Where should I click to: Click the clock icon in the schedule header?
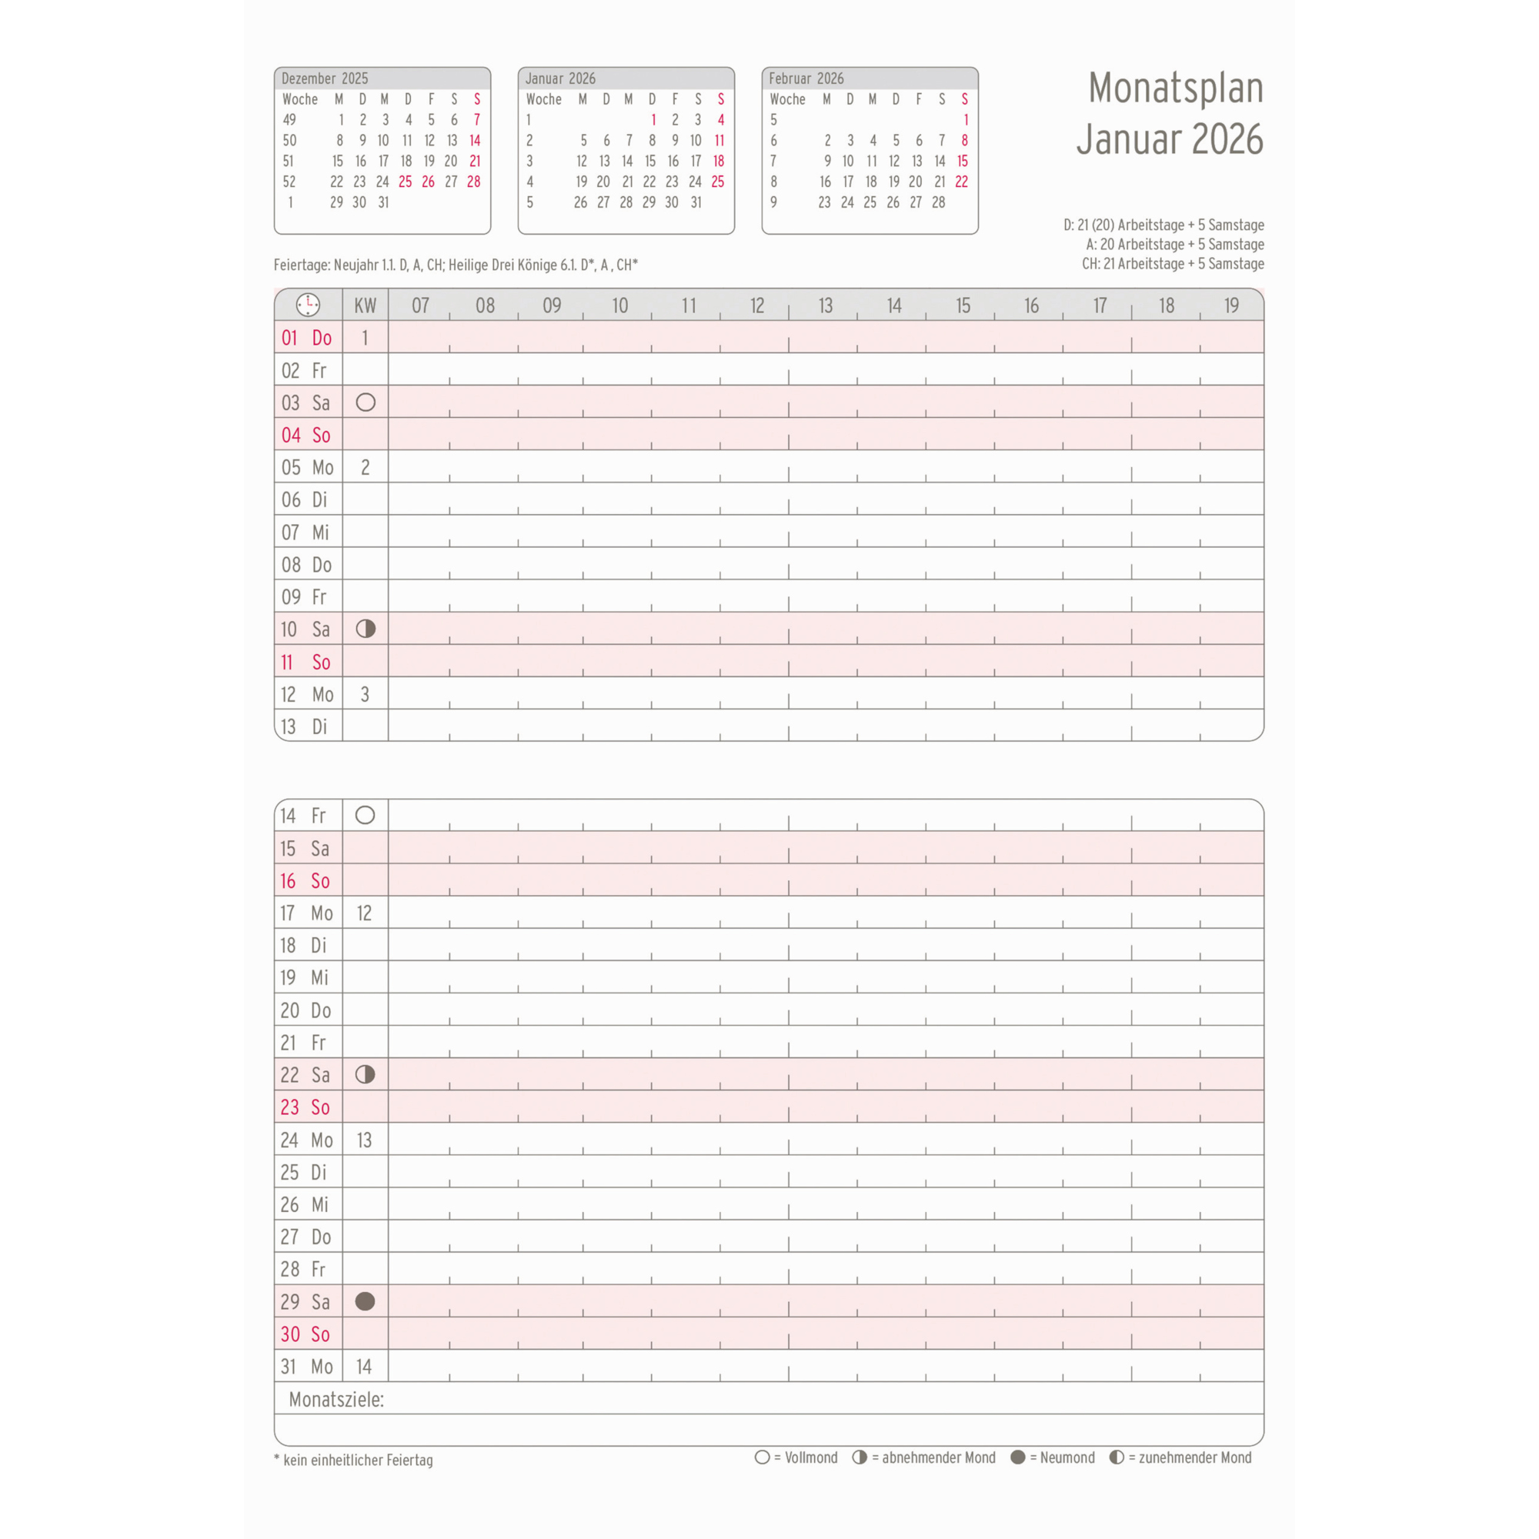click(x=308, y=304)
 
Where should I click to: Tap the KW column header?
click(x=365, y=305)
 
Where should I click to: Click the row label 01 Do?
click(x=306, y=338)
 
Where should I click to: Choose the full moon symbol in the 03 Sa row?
click(x=366, y=402)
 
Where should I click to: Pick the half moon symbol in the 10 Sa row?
click(x=366, y=629)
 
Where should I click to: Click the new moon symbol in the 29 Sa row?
click(x=365, y=1300)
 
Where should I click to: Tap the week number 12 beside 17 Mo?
click(x=364, y=913)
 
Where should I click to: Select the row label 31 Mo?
click(x=306, y=1366)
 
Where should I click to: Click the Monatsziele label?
click(x=336, y=1400)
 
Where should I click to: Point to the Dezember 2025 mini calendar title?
click(x=324, y=78)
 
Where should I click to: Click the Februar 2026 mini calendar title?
click(x=806, y=78)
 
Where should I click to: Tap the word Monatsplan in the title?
click(x=1175, y=88)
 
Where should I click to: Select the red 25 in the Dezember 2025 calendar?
click(x=406, y=182)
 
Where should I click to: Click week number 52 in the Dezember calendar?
click(x=289, y=182)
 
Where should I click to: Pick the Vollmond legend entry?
click(x=796, y=1457)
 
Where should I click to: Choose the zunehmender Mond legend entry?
click(x=1181, y=1457)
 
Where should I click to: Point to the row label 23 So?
click(x=305, y=1107)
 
